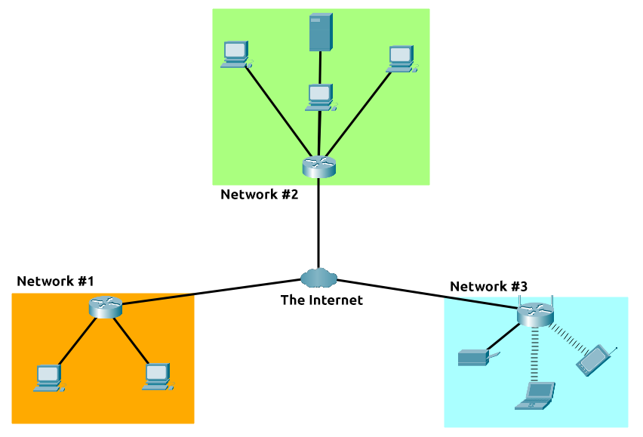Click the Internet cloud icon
tap(318, 278)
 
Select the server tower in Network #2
tap(321, 32)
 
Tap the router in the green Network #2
tap(319, 167)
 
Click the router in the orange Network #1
tap(106, 307)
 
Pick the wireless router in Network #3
tap(535, 314)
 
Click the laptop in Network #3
tap(535, 395)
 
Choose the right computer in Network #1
tap(158, 377)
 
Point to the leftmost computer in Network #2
tap(237, 54)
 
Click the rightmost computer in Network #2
tap(401, 60)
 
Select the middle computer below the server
tap(321, 97)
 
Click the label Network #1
tap(55, 282)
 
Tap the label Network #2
tap(259, 194)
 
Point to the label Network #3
tap(488, 287)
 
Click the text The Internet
tap(321, 300)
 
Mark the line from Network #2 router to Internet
tap(318, 223)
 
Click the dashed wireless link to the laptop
tap(534, 354)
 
